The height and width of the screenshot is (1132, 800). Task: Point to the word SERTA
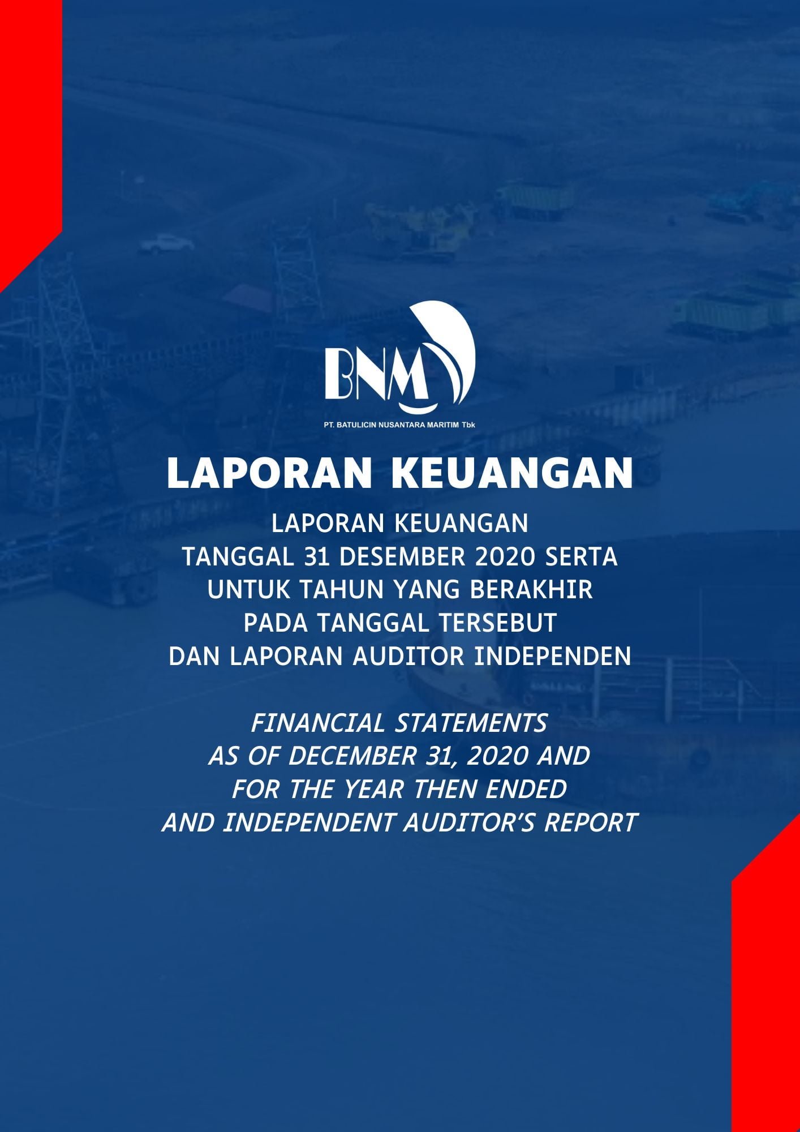(581, 557)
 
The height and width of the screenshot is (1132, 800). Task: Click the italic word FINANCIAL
(317, 723)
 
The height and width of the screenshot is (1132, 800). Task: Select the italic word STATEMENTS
(470, 723)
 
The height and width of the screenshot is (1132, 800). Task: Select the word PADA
(276, 623)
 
